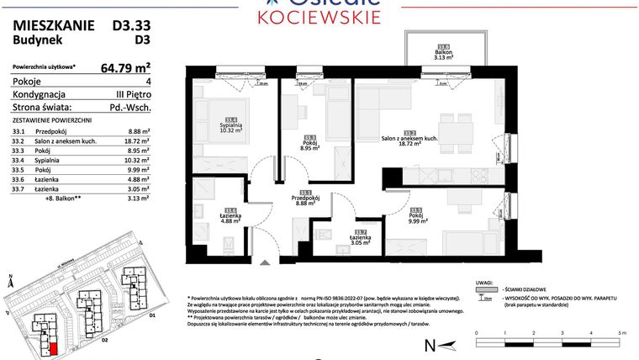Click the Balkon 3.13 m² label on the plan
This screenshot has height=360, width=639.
[444, 55]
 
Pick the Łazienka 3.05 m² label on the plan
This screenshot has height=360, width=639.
[361, 238]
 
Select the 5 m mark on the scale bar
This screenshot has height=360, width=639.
[622, 334]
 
